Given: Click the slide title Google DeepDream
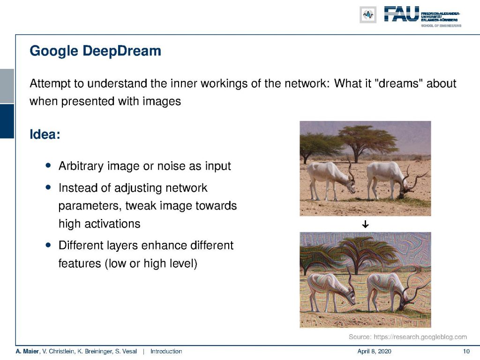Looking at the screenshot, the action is click(95, 51).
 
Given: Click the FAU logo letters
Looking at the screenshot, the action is click(401, 14).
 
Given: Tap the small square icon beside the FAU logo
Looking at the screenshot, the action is click(368, 15).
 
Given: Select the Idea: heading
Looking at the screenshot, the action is click(45, 135).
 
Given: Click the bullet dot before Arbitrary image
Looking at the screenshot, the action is click(48, 165).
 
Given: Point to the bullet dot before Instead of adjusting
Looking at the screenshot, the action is click(48, 187).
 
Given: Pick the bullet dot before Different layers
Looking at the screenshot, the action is click(48, 245).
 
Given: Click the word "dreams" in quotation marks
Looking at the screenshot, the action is click(398, 83).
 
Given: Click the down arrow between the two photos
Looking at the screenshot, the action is click(365, 225).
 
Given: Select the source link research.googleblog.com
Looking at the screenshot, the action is click(420, 337).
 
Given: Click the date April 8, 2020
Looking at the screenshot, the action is click(374, 352).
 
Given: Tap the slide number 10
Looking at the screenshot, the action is click(466, 352).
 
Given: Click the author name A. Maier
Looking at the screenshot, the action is click(27, 352).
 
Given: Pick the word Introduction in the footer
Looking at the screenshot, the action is click(166, 352).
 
